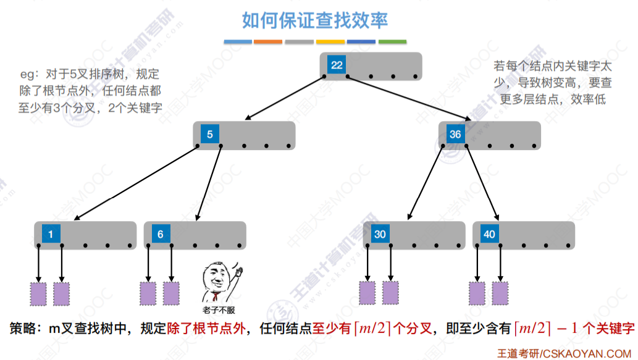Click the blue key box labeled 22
336,65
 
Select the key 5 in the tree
209,135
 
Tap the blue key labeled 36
455,135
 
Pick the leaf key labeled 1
51,234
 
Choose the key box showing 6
161,234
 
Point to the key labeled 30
380,234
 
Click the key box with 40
490,234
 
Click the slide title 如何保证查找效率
315,21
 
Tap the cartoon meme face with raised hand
220,281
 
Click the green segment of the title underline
392,42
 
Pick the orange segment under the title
268,42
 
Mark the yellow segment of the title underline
330,42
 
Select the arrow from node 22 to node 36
408,98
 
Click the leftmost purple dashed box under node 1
39,293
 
